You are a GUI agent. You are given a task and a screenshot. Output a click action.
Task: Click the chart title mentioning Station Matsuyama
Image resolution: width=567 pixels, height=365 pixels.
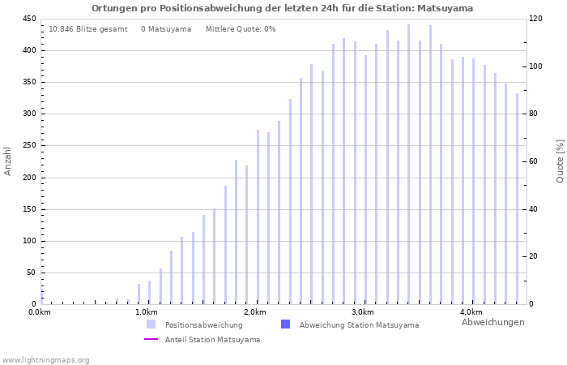click(282, 8)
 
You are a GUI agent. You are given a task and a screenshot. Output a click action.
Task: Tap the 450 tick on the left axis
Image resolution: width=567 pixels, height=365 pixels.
click(29, 19)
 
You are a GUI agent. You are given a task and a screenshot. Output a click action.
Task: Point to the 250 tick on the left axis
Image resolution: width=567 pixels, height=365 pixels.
click(29, 145)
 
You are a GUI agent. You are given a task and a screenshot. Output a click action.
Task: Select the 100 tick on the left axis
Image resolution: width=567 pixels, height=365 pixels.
click(29, 241)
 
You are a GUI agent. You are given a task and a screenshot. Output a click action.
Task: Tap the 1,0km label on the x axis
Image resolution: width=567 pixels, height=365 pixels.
click(146, 312)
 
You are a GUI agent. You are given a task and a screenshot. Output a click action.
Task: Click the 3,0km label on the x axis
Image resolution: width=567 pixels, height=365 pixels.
click(363, 312)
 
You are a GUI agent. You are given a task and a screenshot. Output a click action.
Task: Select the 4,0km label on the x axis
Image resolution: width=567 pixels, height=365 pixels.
click(471, 312)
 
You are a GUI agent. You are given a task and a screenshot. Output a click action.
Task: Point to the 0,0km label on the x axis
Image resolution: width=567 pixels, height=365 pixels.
click(40, 312)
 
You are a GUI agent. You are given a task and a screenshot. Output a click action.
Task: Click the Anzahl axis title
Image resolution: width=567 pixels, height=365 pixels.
click(8, 161)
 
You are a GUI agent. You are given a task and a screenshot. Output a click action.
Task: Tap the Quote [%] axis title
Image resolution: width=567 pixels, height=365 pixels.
click(560, 161)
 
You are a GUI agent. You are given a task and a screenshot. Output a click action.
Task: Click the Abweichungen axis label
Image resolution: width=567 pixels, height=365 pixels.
click(492, 322)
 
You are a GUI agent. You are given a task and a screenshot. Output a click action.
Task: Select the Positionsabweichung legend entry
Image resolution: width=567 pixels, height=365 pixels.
click(203, 325)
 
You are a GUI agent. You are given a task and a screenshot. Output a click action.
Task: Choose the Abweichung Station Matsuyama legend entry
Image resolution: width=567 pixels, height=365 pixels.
click(359, 325)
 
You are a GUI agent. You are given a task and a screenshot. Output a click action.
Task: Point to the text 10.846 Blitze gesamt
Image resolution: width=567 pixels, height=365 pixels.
click(87, 29)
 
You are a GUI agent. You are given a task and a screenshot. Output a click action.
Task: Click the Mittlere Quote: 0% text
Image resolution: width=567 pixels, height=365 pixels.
click(241, 29)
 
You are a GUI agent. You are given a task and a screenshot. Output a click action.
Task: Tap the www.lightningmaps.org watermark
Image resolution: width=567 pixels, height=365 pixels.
click(45, 359)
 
